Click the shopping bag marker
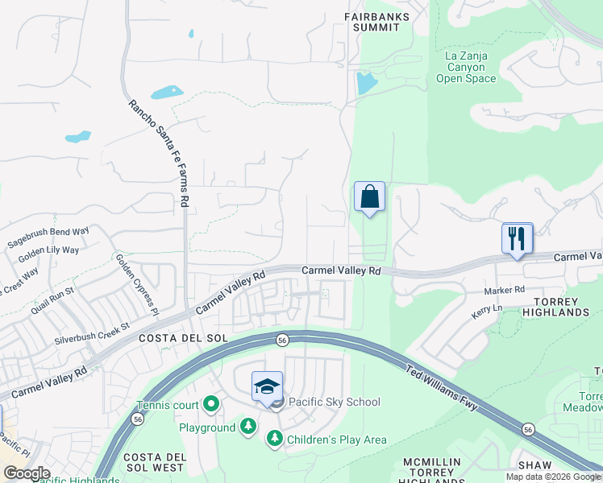369,196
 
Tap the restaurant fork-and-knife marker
518,238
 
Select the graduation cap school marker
268,387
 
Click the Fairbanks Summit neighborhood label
376,22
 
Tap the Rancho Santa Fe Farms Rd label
159,153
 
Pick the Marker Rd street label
505,290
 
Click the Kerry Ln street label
487,309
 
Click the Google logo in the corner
27,473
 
